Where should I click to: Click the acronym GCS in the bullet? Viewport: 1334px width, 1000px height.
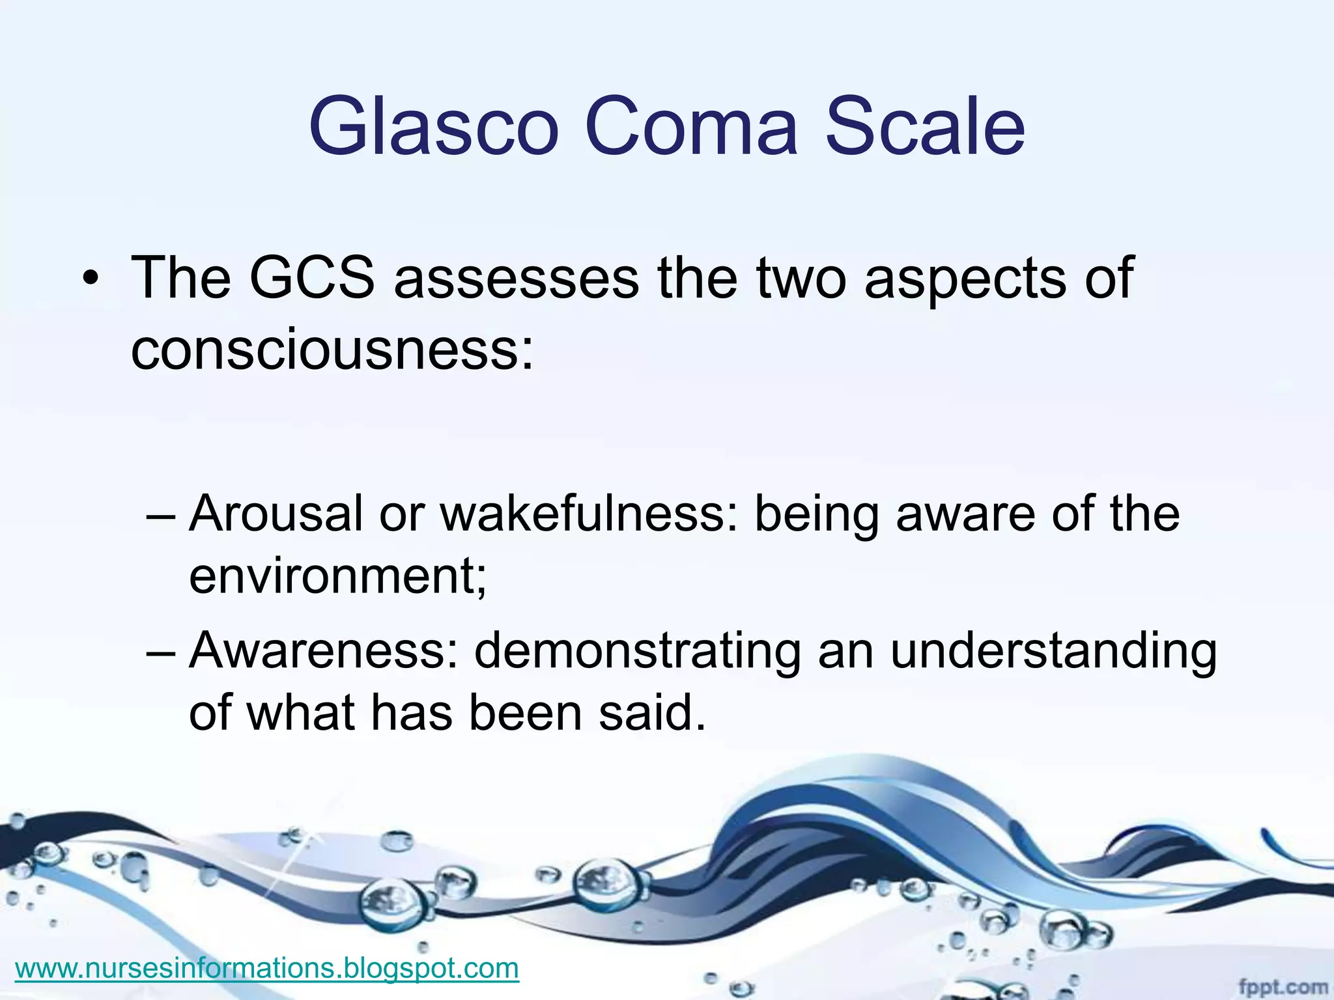[312, 278]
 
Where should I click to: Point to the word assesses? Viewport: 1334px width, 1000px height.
[517, 278]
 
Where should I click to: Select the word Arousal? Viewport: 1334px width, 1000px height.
[276, 514]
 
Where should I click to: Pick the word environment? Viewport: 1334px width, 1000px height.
[337, 576]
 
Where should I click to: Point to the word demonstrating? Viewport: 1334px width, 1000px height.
[638, 650]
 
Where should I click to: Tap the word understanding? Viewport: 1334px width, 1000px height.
[1053, 650]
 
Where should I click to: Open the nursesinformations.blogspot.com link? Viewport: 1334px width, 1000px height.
[267, 968]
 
